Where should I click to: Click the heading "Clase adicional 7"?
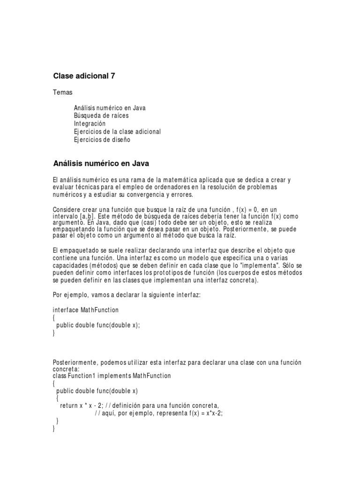(84, 75)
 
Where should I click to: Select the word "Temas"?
(63, 92)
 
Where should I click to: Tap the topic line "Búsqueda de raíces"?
(101, 115)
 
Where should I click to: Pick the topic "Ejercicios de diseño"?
(102, 140)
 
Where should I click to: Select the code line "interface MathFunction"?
(86, 310)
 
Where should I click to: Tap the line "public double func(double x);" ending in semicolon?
(98, 325)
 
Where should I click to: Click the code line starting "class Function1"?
(112, 376)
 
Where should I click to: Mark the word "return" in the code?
(69, 406)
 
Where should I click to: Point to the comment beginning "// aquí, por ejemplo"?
(158, 413)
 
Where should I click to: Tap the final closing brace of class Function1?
(54, 428)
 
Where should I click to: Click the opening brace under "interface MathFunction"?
(54, 317)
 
